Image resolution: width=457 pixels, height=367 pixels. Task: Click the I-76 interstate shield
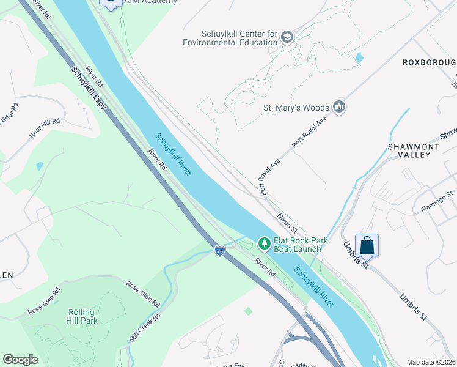point(220,250)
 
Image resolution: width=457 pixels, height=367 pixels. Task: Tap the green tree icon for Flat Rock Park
point(264,244)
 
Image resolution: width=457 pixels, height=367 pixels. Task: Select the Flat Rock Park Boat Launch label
point(297,245)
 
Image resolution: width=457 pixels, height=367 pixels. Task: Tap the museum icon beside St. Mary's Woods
point(340,108)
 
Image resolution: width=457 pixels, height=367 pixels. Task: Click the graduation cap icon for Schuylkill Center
point(287,38)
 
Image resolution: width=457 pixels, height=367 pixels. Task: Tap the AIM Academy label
point(150,2)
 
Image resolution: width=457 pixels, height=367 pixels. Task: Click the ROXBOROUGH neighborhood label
point(430,63)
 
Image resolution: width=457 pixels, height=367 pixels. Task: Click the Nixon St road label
point(286,221)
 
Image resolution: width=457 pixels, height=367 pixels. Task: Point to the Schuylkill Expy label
point(89,88)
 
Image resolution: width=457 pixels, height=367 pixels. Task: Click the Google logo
point(20,360)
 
